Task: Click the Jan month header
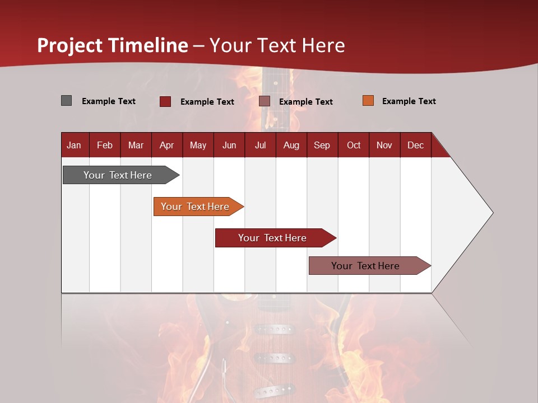[x=74, y=145]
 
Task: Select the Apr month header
[x=166, y=145]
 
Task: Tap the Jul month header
[x=260, y=145]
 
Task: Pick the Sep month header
[x=322, y=145]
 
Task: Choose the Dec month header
[x=415, y=145]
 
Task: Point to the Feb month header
[x=105, y=145]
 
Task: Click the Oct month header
[x=354, y=145]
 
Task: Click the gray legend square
[x=67, y=101]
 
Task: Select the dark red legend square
[x=165, y=101]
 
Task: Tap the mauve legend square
[x=265, y=101]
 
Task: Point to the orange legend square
[x=368, y=101]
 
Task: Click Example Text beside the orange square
[x=409, y=101]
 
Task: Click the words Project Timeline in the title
[x=113, y=45]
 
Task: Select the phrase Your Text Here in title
[x=277, y=45]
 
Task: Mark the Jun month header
[x=229, y=145]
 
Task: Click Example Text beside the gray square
[x=108, y=101]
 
